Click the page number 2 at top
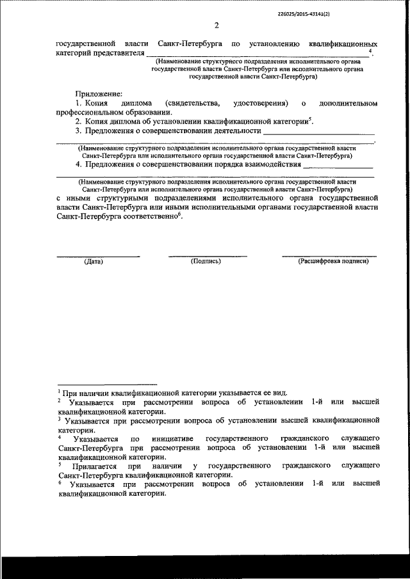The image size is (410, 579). pos(216,26)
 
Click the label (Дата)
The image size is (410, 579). pos(94,262)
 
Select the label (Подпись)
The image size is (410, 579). pos(206,262)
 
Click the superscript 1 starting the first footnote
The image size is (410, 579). pos(58,391)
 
